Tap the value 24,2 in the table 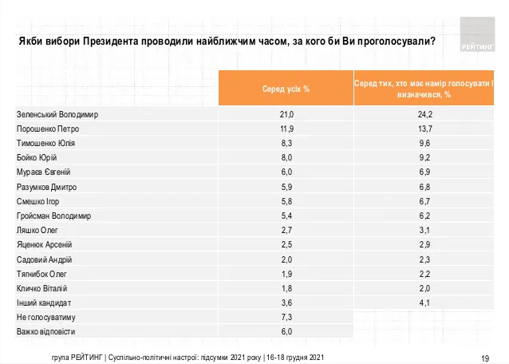tap(424, 114)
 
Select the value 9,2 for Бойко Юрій tap(424, 157)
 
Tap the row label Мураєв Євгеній tap(45, 172)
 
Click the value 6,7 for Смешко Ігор tap(424, 201)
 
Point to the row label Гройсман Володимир tap(54, 216)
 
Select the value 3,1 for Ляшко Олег tap(424, 230)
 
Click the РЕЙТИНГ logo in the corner tap(478, 34)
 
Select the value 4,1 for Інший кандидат tap(424, 303)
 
